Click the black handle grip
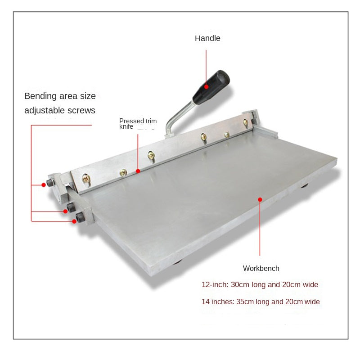tap(211, 87)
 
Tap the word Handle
tap(207, 38)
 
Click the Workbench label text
tap(261, 268)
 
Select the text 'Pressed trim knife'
tap(138, 123)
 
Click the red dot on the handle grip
tap(207, 87)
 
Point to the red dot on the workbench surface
tap(260, 199)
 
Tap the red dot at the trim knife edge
tap(138, 171)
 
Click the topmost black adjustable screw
tap(50, 183)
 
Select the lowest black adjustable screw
tap(81, 217)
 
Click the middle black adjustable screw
tap(71, 207)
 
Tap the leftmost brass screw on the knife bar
tap(86, 178)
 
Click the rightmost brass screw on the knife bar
tap(245, 122)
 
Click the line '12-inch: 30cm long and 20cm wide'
tap(260, 284)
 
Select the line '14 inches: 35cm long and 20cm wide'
tap(261, 301)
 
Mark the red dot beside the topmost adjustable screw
tap(44, 185)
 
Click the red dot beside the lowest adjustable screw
tap(74, 221)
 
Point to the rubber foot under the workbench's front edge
tap(177, 262)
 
